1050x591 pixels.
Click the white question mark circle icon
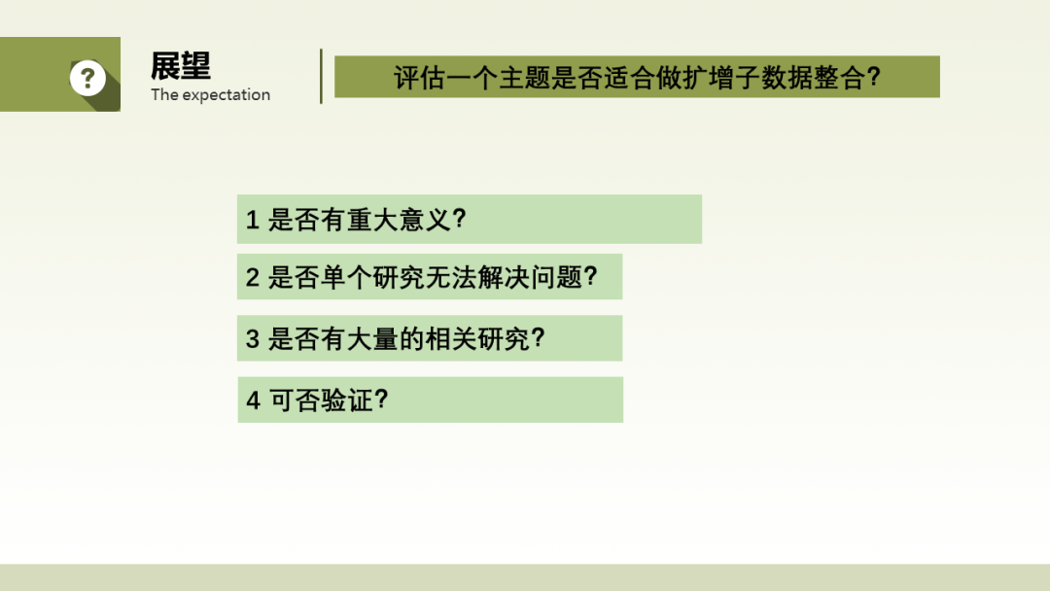87,79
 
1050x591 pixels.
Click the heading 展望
181,66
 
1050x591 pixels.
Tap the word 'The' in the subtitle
164,94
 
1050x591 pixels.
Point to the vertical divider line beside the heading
322,76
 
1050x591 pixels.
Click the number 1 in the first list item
253,220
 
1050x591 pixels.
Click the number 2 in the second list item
253,277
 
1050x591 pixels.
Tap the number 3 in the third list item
253,338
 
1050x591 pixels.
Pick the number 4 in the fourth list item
253,400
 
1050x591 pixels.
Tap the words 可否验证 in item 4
321,400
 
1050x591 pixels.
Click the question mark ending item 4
382,400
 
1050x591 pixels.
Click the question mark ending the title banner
873,77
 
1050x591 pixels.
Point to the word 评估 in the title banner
419,78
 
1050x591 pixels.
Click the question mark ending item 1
459,219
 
